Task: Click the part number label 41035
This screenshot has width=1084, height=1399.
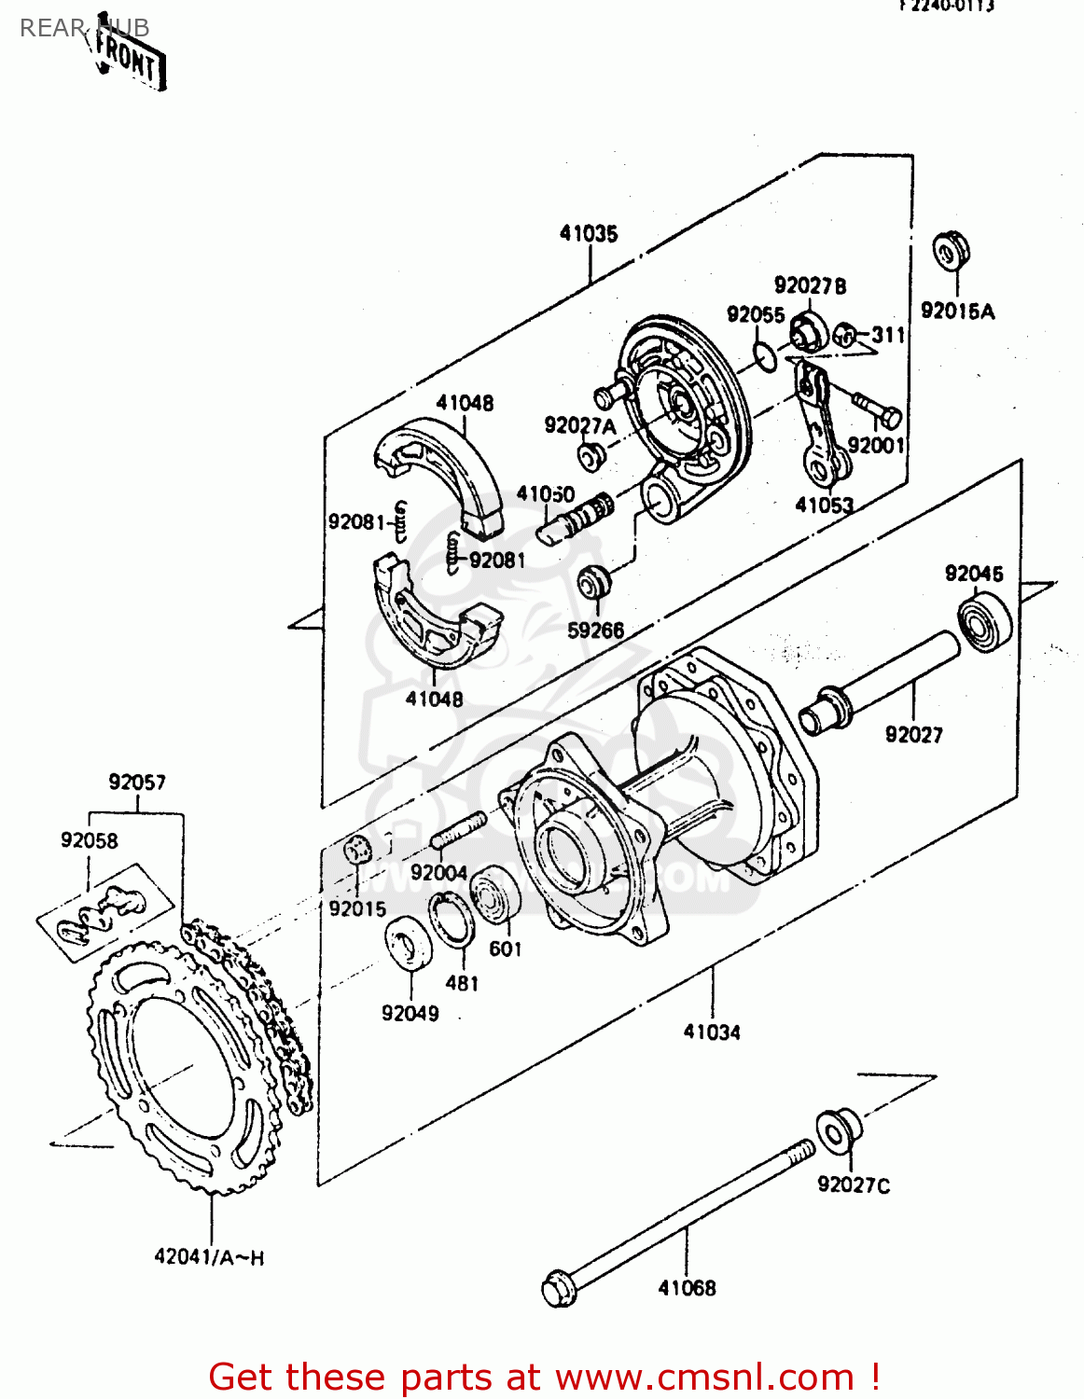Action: coord(589,233)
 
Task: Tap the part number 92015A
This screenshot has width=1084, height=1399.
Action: coord(957,312)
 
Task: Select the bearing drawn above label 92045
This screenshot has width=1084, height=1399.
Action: coord(985,623)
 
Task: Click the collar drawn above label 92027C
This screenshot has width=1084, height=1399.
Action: coord(837,1130)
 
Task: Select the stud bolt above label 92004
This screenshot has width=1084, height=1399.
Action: coord(458,829)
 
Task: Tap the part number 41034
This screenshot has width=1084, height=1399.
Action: coord(712,1032)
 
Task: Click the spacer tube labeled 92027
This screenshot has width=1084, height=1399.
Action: coord(877,677)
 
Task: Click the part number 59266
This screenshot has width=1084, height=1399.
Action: coord(595,630)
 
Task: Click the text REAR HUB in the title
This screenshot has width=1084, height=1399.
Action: coord(84,28)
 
